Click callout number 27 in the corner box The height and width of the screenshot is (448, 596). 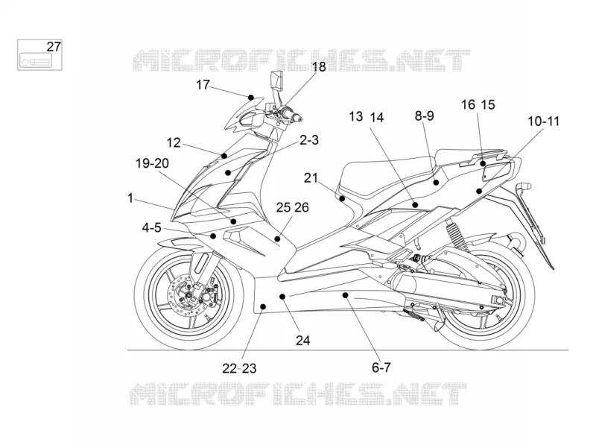[54, 47]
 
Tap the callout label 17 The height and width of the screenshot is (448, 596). [203, 85]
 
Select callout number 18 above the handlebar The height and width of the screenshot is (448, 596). [319, 66]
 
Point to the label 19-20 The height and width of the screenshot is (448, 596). [153, 163]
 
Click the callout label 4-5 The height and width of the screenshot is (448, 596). [152, 228]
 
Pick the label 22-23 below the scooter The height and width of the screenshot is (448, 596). [239, 368]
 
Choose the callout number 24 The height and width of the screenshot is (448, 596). [303, 340]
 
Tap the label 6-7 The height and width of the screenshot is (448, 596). [381, 367]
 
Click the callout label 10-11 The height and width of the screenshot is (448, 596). [544, 122]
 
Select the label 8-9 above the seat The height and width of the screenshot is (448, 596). [424, 116]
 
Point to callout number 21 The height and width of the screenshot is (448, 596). [311, 177]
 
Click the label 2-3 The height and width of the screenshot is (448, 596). [309, 140]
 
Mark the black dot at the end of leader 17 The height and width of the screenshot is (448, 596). [251, 98]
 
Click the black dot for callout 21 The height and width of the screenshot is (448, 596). [342, 198]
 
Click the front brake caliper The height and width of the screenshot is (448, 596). [208, 293]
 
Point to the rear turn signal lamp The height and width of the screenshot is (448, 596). [524, 187]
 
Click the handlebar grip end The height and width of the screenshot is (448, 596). [299, 119]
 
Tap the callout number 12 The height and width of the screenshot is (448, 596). [174, 142]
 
